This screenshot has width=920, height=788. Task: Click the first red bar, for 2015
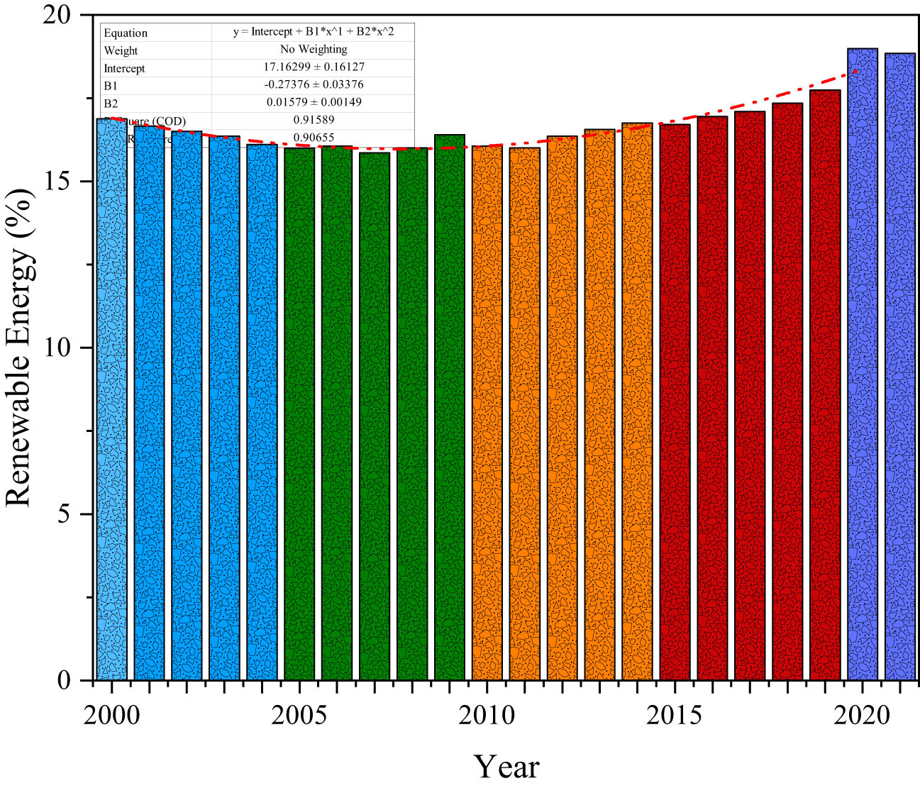pos(675,404)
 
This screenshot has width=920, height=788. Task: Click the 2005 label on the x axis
pos(299,716)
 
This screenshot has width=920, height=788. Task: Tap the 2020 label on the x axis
pos(862,716)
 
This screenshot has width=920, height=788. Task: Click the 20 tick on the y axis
pos(59,16)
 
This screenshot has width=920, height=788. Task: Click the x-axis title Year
pos(506,767)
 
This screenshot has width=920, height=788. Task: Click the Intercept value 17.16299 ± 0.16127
pos(314,67)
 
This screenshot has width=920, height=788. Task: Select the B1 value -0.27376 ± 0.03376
pos(314,84)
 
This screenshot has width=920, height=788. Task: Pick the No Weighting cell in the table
pos(314,49)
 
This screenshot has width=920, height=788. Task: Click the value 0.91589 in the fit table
pos(314,120)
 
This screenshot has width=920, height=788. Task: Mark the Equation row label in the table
pos(126,33)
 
